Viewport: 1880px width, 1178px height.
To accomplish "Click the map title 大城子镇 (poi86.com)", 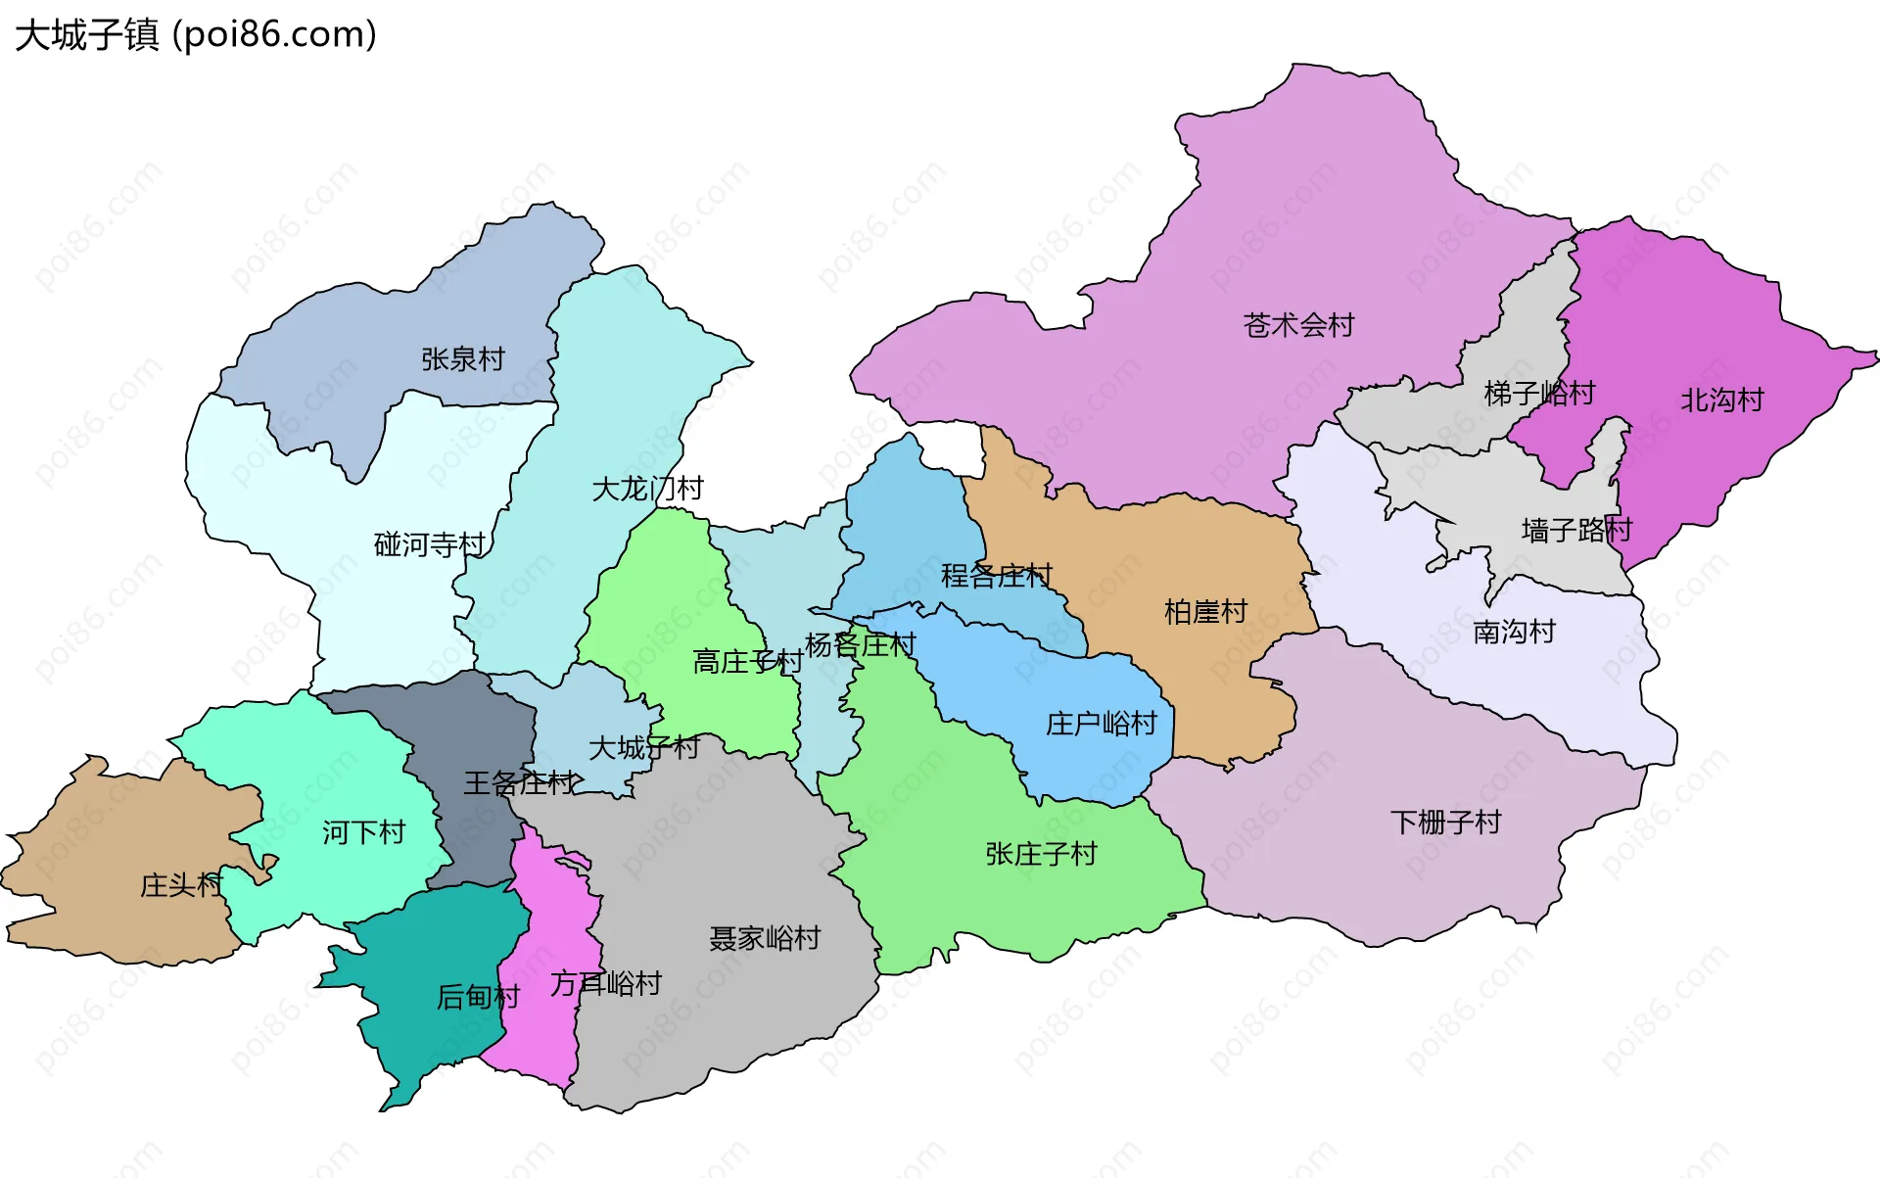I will pyautogui.click(x=196, y=35).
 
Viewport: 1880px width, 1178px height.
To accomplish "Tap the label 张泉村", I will pyautogui.click(x=462, y=359).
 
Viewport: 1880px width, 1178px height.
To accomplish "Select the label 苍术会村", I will pyautogui.click(x=1298, y=325).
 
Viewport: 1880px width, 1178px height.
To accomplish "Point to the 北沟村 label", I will pyautogui.click(x=1721, y=400).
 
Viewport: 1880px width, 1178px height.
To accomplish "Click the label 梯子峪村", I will pyautogui.click(x=1539, y=394).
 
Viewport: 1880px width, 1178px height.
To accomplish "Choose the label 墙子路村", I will pyautogui.click(x=1576, y=531).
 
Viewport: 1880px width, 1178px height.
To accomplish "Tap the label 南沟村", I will pyautogui.click(x=1514, y=632).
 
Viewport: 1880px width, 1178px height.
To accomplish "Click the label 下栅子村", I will pyautogui.click(x=1445, y=822).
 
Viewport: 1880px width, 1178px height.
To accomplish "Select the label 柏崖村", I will pyautogui.click(x=1205, y=612).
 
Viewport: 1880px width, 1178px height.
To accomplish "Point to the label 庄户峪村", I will pyautogui.click(x=1101, y=724).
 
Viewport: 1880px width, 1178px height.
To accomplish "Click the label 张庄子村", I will pyautogui.click(x=1041, y=854).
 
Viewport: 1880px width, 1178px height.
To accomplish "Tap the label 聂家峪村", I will pyautogui.click(x=764, y=938).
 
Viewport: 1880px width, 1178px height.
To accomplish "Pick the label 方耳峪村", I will pyautogui.click(x=605, y=983).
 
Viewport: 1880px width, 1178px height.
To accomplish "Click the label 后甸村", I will pyautogui.click(x=478, y=997).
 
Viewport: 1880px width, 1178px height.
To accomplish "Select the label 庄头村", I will pyautogui.click(x=181, y=885).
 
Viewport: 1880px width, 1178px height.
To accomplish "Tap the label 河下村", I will pyautogui.click(x=363, y=832).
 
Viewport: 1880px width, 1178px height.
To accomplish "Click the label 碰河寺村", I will pyautogui.click(x=430, y=544).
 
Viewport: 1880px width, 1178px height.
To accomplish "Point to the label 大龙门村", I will pyautogui.click(x=647, y=488).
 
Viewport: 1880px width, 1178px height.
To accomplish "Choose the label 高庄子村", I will pyautogui.click(x=747, y=662).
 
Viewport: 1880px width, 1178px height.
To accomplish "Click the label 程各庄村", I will pyautogui.click(x=996, y=576).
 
